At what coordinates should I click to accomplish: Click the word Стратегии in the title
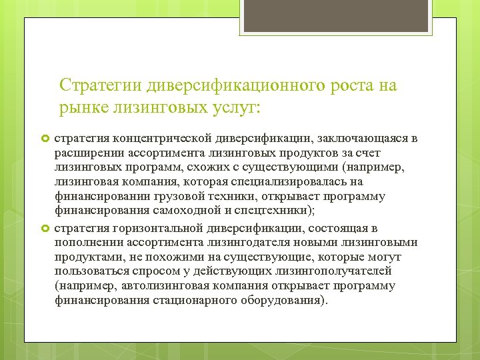pyautogui.click(x=93, y=85)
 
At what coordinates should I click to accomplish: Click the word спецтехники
pyautogui.click(x=287, y=211)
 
